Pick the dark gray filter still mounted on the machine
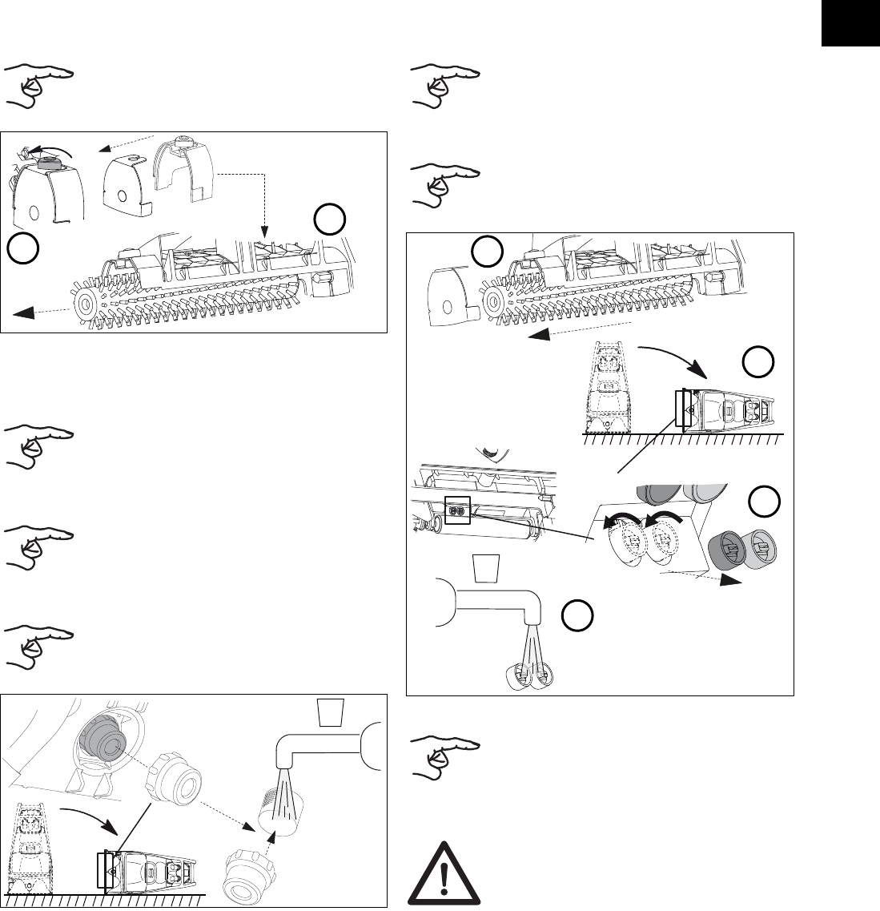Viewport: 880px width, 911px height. [x=103, y=740]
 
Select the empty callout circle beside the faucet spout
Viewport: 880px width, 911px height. [x=576, y=617]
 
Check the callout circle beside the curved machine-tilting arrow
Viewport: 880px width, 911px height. [x=757, y=364]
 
